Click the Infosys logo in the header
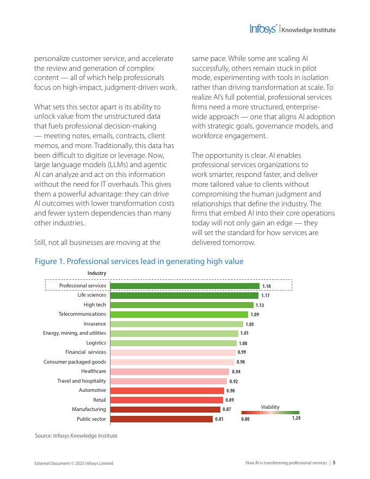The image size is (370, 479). [x=263, y=29]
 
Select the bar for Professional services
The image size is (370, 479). [x=184, y=286]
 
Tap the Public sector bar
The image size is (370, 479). [x=161, y=419]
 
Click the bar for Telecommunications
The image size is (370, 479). [x=179, y=314]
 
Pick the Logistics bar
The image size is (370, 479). [x=173, y=343]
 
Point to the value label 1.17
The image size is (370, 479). [x=266, y=296]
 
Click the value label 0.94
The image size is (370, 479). [x=236, y=372]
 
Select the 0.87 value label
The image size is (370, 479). [x=227, y=409]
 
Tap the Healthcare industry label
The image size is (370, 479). [x=94, y=371]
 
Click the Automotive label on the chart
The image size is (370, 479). [x=92, y=390]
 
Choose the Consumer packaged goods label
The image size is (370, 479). [x=75, y=362]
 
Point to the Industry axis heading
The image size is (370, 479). [x=97, y=273]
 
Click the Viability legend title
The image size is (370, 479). [x=270, y=407]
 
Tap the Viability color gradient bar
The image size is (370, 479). [x=270, y=413]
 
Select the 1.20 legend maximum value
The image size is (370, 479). [x=296, y=419]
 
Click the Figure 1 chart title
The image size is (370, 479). [x=139, y=261]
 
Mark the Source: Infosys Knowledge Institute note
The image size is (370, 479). [x=76, y=435]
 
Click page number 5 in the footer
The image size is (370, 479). [x=334, y=463]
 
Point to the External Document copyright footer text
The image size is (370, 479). [x=74, y=463]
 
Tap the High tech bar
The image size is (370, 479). [x=182, y=305]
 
